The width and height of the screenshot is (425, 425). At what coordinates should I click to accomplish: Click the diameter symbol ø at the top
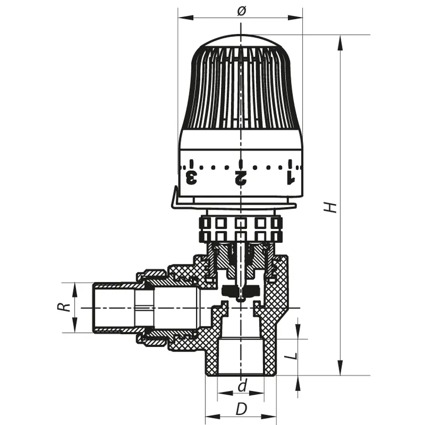(x=240, y=11)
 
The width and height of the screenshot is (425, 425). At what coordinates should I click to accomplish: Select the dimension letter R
(x=66, y=307)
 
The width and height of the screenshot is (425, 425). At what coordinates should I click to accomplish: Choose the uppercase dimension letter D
(x=241, y=409)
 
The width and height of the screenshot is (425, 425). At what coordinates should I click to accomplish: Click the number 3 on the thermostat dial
(x=192, y=178)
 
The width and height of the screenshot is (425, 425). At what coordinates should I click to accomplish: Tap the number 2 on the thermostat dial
(x=240, y=178)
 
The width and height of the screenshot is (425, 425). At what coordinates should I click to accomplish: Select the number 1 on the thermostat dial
(x=290, y=178)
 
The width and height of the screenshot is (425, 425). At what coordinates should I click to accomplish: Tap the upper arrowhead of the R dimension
(x=75, y=288)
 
